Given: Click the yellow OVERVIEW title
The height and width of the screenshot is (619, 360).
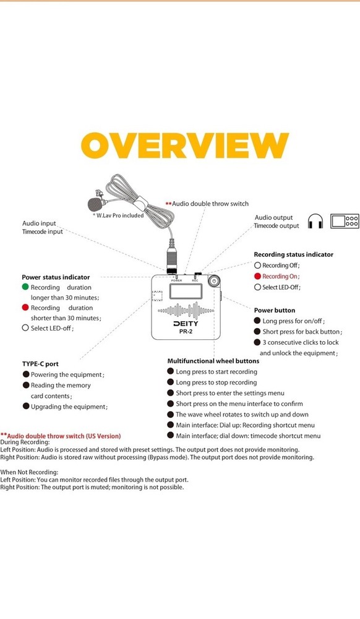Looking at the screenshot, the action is coord(185,145).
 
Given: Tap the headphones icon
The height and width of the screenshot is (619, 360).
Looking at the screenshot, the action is coord(315,221).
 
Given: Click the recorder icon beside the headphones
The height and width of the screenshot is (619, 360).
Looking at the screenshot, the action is coord(345,221).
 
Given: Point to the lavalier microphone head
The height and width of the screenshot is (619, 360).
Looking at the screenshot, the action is coord(95,204).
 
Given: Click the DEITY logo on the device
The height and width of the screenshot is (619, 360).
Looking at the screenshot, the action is coord(186,324).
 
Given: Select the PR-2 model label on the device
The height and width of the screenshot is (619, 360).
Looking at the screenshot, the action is coord(186,332).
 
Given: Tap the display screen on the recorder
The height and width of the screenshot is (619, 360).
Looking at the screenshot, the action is coord(186,292).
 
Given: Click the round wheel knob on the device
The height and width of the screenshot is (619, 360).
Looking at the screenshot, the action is coord(214,281).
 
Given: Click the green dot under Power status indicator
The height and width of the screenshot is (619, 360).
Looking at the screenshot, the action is coord(25,287).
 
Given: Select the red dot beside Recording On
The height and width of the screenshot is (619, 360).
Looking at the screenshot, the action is coord(257,276).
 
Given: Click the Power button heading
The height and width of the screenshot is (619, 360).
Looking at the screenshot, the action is coord(275,310).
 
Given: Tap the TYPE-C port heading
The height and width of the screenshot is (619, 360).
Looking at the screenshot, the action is coord(40,364).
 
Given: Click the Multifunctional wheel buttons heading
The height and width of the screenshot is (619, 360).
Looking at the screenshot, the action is coord(213,361).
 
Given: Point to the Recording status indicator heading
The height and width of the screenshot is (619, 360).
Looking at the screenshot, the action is coord(293,254).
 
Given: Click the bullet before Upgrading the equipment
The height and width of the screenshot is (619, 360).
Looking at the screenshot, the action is coord(26,406).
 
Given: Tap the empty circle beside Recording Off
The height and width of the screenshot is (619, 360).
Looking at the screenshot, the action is coord(257,266).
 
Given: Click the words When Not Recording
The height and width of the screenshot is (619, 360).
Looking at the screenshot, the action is coord(29,472).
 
